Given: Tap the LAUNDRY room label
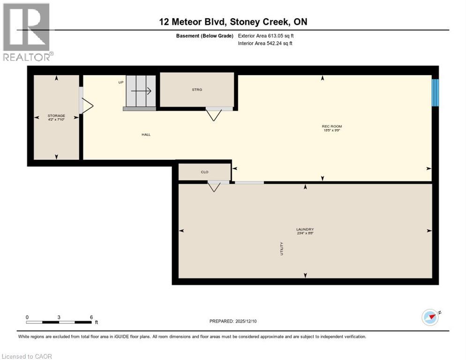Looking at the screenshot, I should (x=305, y=231).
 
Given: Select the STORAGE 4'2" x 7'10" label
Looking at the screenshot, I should (x=56, y=117).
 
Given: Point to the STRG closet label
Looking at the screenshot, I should (x=197, y=90).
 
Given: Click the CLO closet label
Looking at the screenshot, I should (x=204, y=172).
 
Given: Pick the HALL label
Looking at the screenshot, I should (x=146, y=135).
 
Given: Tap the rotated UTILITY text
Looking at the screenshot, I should (x=282, y=248).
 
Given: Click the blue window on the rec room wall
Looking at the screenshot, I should (x=435, y=92).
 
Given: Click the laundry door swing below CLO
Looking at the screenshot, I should (x=214, y=187).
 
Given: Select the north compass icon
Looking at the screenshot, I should (x=430, y=317).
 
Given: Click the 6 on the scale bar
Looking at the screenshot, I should (x=91, y=317).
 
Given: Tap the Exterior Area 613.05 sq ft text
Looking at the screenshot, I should (x=266, y=36).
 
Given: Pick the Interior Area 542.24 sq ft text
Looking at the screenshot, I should (x=265, y=44).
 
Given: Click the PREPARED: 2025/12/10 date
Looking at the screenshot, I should (x=233, y=321).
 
